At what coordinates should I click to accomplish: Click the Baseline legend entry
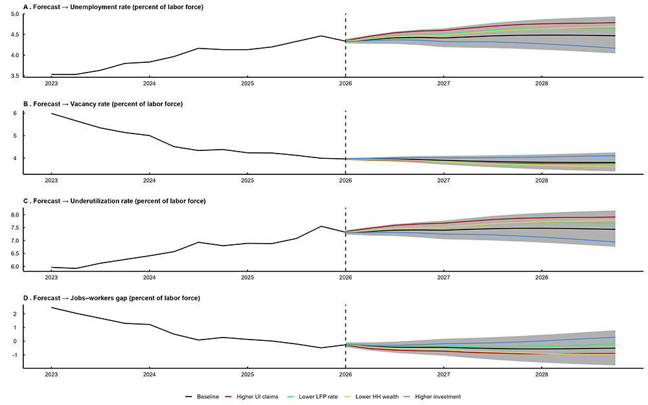pyautogui.click(x=205, y=397)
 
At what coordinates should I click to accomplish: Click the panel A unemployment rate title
pyautogui.click(x=113, y=6)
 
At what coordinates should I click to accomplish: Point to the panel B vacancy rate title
pyautogui.click(x=104, y=104)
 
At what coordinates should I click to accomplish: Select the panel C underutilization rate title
pyautogui.click(x=114, y=201)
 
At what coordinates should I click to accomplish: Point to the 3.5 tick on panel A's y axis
pyautogui.click(x=14, y=76)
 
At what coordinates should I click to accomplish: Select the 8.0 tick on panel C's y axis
pyautogui.click(x=14, y=214)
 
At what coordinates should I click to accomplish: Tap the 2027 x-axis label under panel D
pyautogui.click(x=444, y=375)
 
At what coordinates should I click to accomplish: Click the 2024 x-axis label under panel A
pyautogui.click(x=149, y=84)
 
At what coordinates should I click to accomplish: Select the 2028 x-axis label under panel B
pyautogui.click(x=542, y=181)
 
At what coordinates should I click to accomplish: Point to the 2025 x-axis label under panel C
pyautogui.click(x=248, y=278)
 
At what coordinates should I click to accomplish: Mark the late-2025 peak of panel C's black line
pyautogui.click(x=321, y=226)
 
